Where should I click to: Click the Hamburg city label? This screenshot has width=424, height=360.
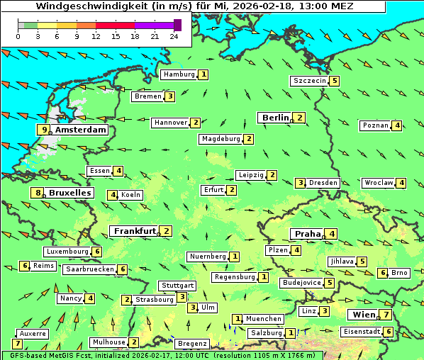click(179, 74)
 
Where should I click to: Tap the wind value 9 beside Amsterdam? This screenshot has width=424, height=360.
click(44, 130)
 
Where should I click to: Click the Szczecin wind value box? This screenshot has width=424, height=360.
click(334, 81)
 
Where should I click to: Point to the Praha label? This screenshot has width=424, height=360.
click(308, 234)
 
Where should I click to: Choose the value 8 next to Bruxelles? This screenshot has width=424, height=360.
click(37, 193)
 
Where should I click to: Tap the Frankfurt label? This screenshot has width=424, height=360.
click(135, 231)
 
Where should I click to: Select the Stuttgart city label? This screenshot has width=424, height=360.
click(177, 286)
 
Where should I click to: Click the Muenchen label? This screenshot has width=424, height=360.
click(264, 319)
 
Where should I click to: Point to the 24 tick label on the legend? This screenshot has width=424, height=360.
click(174, 36)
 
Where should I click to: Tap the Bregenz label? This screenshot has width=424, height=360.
click(192, 344)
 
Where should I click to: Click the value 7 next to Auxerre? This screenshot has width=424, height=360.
click(17, 344)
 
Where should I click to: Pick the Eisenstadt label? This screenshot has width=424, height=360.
click(361, 332)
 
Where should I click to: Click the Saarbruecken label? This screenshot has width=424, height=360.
click(89, 269)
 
